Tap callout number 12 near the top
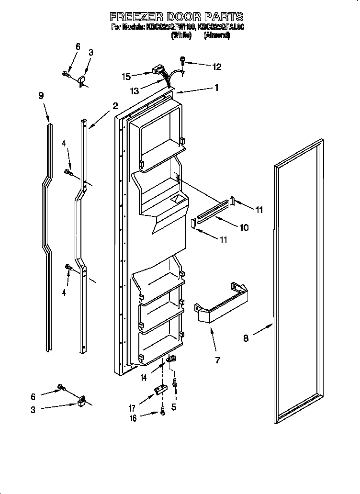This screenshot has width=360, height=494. tap(217, 67)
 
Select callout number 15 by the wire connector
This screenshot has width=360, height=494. tap(126, 76)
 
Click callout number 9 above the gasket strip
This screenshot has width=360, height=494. tap(41, 96)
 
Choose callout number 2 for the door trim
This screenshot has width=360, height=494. tap(115, 106)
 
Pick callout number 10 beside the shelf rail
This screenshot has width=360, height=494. tap(244, 228)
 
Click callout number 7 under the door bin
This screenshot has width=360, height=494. tap(218, 360)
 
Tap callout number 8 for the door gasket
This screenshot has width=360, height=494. tap(246, 338)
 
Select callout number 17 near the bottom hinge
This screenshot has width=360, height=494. tap(132, 409)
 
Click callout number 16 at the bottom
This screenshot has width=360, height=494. tap(133, 418)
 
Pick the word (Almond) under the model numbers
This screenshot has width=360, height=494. tap(217, 35)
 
